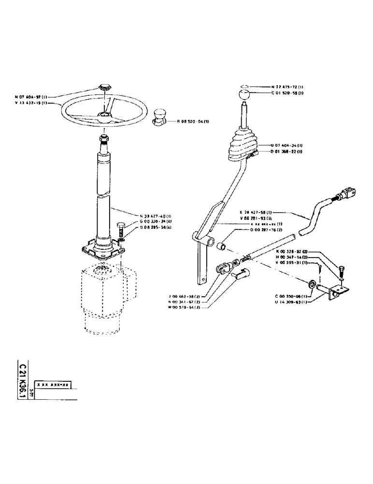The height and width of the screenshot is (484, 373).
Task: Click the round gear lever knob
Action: pyautogui.click(x=245, y=95)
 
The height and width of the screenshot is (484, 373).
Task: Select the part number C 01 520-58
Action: pyautogui.click(x=287, y=92)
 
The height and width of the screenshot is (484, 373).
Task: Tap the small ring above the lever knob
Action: pyautogui.click(x=245, y=87)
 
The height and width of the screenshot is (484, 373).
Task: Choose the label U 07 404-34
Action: pyautogui.click(x=286, y=145)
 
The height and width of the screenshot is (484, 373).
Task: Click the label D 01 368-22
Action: pyautogui.click(x=286, y=151)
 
